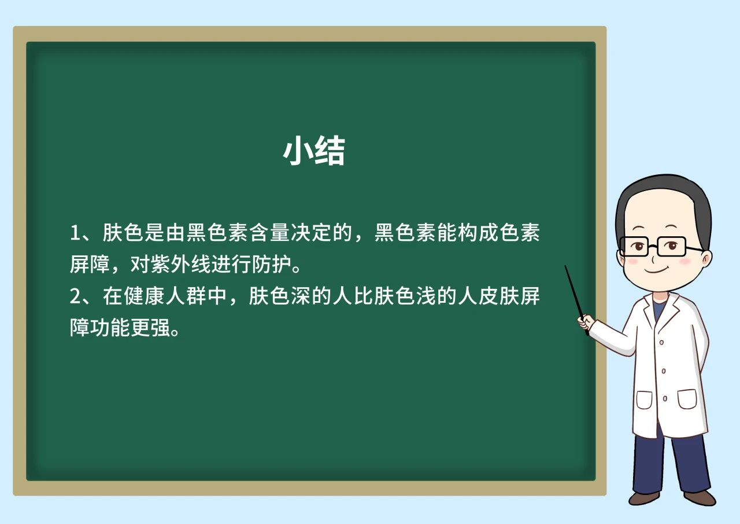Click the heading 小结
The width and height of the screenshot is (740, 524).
pyautogui.click(x=314, y=151)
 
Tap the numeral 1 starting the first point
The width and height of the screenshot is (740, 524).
pyautogui.click(x=75, y=233)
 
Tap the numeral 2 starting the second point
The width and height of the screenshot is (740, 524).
pyautogui.click(x=75, y=296)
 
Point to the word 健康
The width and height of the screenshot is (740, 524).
pyautogui.click(x=145, y=296)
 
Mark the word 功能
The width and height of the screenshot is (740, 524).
pyautogui.click(x=110, y=328)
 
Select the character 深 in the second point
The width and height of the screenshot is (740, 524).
pyautogui.click(x=300, y=296)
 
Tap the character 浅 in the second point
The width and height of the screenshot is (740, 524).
pyautogui.click(x=425, y=296)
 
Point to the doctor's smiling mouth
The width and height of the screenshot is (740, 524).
pyautogui.click(x=656, y=270)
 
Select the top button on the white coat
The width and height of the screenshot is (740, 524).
pyautogui.click(x=661, y=342)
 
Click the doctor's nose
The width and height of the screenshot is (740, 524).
pyautogui.click(x=653, y=258)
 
